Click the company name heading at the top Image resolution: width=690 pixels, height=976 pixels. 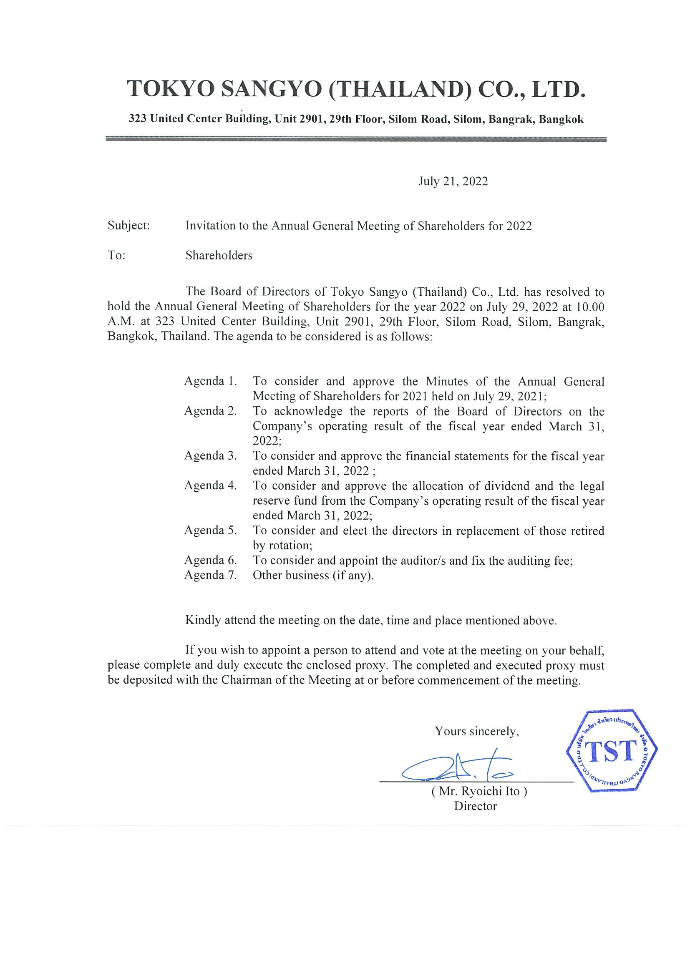[x=356, y=90]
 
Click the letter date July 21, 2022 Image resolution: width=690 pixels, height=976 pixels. [x=453, y=181]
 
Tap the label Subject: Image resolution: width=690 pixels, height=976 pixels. [x=129, y=225]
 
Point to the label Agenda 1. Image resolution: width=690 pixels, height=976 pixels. [x=210, y=381]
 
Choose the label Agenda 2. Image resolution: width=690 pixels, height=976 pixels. [x=210, y=411]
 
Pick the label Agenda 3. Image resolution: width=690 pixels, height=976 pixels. [x=210, y=456]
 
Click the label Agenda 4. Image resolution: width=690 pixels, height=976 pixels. [x=210, y=485]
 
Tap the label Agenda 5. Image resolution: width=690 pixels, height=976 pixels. [x=210, y=531]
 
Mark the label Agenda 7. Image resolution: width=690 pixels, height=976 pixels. [x=210, y=575]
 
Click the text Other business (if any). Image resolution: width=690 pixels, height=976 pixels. [x=313, y=576]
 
